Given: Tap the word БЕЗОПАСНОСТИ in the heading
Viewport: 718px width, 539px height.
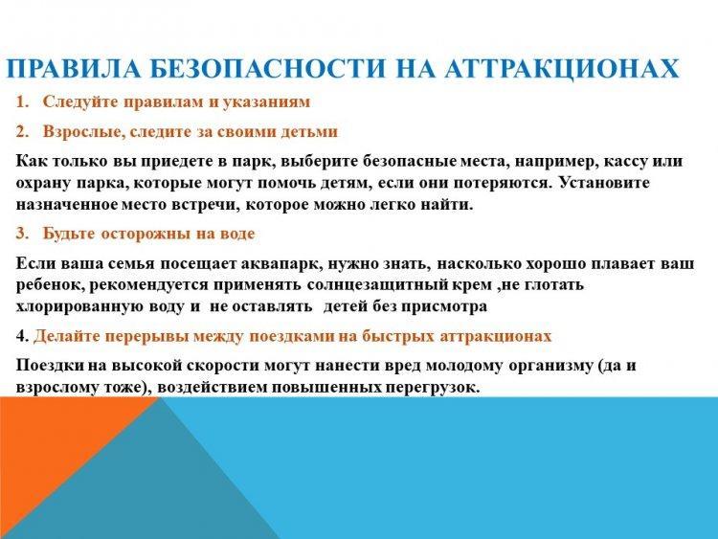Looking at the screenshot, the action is tap(267, 69).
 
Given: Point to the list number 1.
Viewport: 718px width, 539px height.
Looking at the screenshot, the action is tap(22, 101).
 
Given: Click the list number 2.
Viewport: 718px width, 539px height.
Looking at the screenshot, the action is tap(22, 132).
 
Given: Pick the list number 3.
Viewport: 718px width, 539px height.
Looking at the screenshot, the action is tap(22, 234).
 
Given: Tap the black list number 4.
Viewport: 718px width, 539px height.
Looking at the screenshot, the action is tap(22, 336).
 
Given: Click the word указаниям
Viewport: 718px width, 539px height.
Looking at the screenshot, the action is tap(266, 102).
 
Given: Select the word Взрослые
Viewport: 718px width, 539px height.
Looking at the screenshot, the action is tap(84, 132).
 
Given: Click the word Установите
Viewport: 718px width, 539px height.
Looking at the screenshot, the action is tap(604, 183).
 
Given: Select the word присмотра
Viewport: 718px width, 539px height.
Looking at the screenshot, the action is tap(443, 306).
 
